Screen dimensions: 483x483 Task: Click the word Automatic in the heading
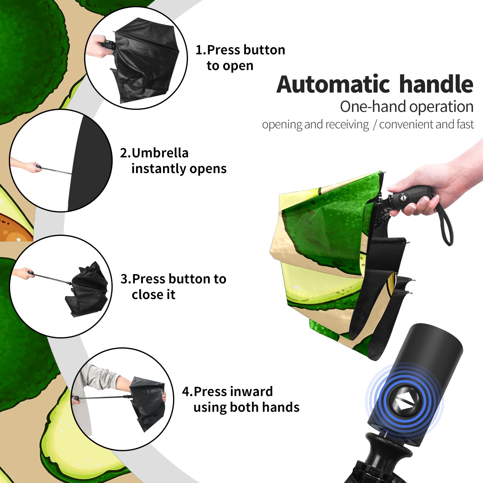tap(333, 84)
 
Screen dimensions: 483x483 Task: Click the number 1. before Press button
tap(200, 50)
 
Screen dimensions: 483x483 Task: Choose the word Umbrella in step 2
tap(160, 153)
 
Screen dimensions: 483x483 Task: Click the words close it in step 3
tap(153, 294)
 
